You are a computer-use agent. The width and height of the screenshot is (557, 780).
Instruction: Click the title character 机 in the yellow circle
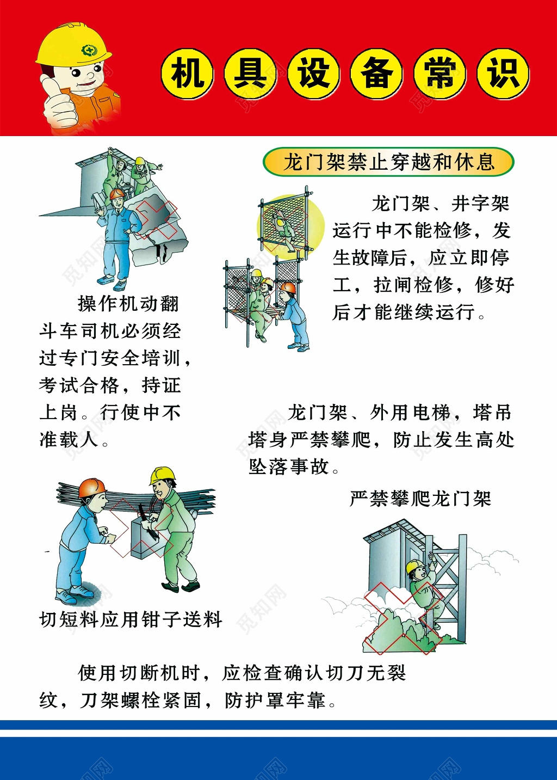pos(187,74)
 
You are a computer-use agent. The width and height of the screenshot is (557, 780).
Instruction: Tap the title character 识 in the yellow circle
pos(503,74)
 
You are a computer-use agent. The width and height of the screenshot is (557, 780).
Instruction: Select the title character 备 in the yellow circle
pos(376,74)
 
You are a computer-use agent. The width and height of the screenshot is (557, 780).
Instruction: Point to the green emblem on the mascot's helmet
pos(89,51)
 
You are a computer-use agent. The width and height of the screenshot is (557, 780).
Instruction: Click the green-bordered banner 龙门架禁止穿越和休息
pos(388,162)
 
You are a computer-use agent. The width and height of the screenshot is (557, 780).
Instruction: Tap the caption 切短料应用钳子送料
pos(131,619)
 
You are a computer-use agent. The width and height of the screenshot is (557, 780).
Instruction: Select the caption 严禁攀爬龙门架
pos(420,499)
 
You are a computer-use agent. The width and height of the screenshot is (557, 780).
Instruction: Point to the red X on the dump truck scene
pos(156,220)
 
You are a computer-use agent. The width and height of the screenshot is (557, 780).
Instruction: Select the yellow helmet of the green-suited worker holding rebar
pos(162,474)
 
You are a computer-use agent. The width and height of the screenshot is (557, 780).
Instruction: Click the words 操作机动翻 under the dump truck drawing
pos(128,304)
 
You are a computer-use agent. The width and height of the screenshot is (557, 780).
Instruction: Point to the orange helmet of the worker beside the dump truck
pos(117,194)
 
